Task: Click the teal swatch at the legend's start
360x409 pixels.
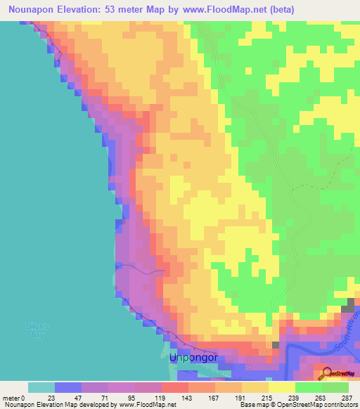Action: (41, 387)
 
